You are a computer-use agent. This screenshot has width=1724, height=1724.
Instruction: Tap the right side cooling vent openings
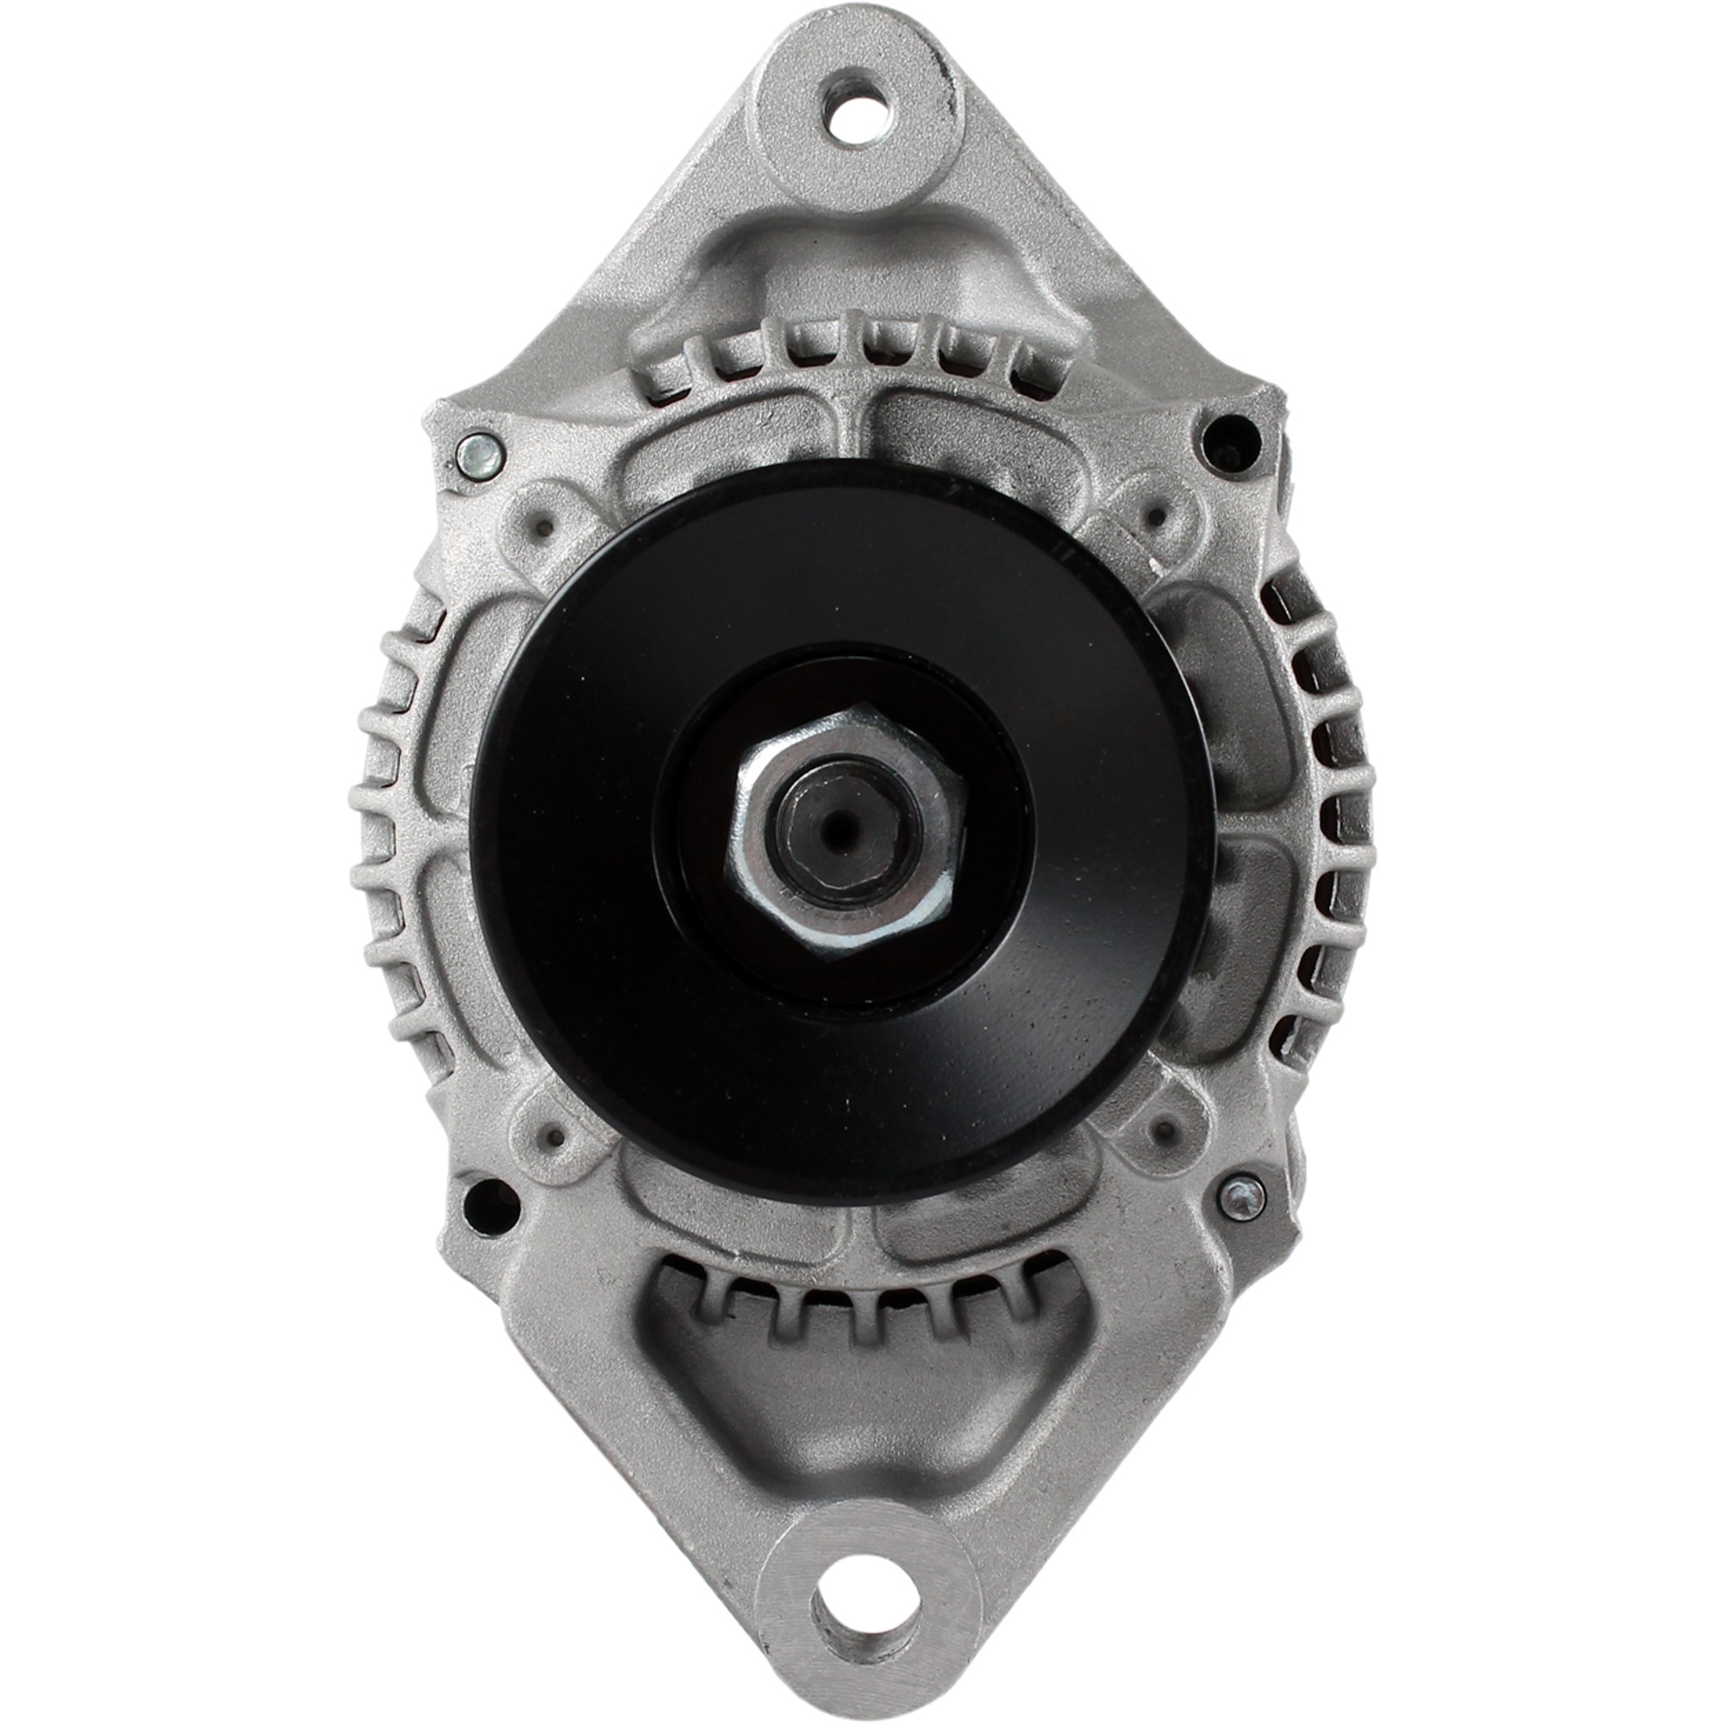tap(1321, 803)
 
